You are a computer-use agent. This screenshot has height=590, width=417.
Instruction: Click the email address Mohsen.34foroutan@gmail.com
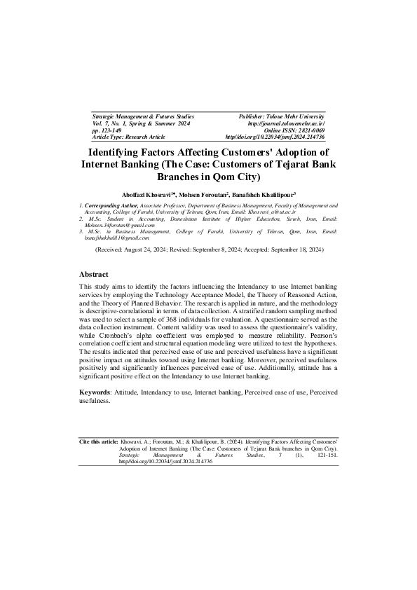(x=119, y=225)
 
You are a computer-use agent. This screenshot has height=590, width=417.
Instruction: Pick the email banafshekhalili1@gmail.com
(x=120, y=238)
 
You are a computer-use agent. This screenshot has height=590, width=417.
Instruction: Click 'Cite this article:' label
(x=99, y=443)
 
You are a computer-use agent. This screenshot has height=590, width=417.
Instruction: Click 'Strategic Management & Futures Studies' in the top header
(x=143, y=116)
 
